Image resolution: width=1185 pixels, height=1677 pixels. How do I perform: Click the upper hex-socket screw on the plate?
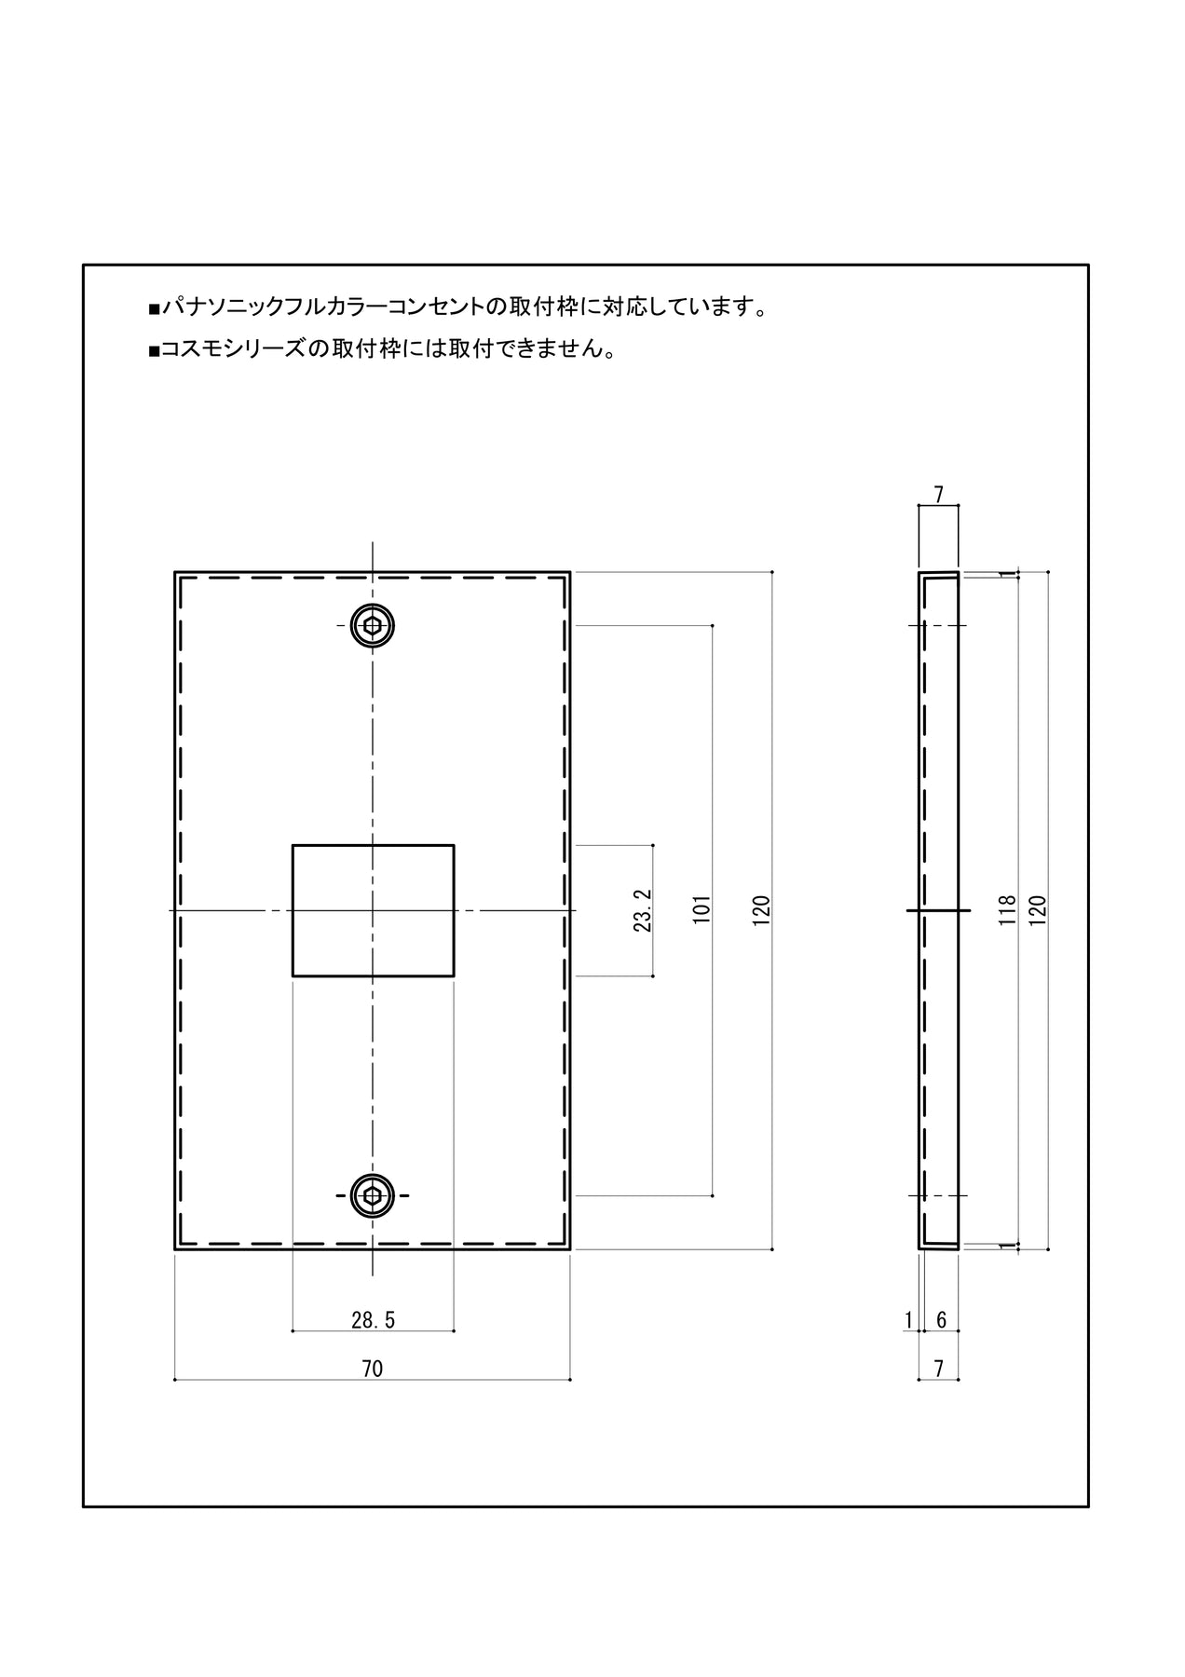[x=373, y=625]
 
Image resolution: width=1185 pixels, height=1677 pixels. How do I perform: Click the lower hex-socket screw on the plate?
[x=373, y=1195]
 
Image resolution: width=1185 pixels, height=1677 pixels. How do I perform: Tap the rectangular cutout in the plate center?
[x=373, y=910]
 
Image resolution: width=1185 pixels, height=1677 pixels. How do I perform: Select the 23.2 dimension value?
[x=642, y=910]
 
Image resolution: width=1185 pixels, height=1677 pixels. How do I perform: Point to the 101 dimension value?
[x=702, y=909]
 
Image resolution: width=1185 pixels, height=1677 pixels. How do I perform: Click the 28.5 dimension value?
[x=373, y=1319]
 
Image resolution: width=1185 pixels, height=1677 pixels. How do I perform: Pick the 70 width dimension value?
[x=372, y=1369]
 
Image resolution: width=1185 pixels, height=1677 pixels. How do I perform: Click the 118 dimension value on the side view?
[x=1006, y=909]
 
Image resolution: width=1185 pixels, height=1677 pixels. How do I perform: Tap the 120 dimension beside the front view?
[x=762, y=909]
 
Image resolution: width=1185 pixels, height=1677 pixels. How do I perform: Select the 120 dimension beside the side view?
[x=1039, y=909]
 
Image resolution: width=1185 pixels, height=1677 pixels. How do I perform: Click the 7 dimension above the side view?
[x=939, y=495]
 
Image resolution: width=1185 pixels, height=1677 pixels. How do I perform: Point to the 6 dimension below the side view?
[x=941, y=1319]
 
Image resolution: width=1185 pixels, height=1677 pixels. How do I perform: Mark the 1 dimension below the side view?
[x=908, y=1319]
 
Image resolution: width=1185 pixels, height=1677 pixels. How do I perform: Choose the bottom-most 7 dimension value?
[x=939, y=1369]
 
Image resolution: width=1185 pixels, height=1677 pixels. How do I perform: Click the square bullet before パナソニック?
[x=154, y=308]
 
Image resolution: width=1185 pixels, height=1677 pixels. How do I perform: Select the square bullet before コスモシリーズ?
[x=154, y=351]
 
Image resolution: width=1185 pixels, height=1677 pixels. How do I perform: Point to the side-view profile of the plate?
[x=939, y=910]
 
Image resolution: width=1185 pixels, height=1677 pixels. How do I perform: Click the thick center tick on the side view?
[x=939, y=909]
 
